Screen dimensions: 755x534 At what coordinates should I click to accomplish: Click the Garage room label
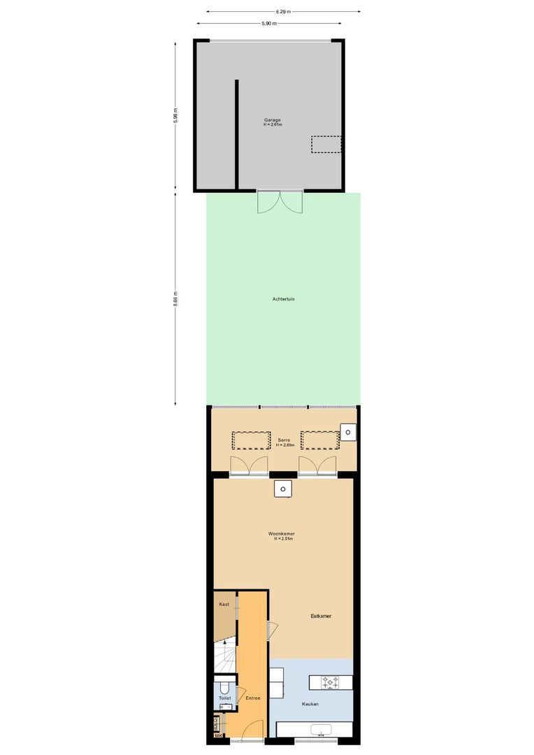tap(273, 120)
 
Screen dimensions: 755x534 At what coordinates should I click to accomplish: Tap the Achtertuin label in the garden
tap(283, 299)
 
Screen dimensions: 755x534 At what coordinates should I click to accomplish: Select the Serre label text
tap(284, 440)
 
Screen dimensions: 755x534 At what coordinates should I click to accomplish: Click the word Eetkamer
tap(321, 616)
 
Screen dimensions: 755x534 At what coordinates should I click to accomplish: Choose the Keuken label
tap(310, 704)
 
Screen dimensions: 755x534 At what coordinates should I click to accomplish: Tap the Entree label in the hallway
tap(252, 698)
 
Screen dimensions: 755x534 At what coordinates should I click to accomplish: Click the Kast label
tap(224, 604)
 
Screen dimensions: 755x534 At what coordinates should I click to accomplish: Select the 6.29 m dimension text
tap(283, 11)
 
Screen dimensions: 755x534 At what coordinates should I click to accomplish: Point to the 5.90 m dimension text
tap(268, 24)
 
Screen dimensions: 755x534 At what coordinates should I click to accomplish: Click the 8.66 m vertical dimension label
tap(175, 299)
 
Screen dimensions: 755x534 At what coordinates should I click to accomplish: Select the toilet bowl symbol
tap(224, 686)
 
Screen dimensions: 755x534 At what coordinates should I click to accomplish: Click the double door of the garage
tap(280, 202)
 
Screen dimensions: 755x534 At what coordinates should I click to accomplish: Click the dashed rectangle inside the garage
tap(326, 144)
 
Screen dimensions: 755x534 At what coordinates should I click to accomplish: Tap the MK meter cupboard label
tap(218, 735)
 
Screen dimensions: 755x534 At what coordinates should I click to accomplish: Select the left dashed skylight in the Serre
tap(251, 440)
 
